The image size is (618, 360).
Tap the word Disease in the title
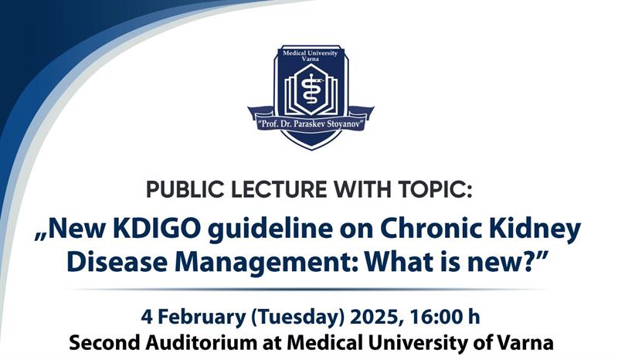pyautogui.click(x=117, y=262)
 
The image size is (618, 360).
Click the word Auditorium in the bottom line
pyautogui.click(x=201, y=342)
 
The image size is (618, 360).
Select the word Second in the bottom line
pyautogui.click(x=104, y=342)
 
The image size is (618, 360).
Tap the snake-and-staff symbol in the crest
pyautogui.click(x=311, y=89)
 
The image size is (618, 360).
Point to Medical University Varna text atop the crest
pyautogui.click(x=311, y=56)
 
